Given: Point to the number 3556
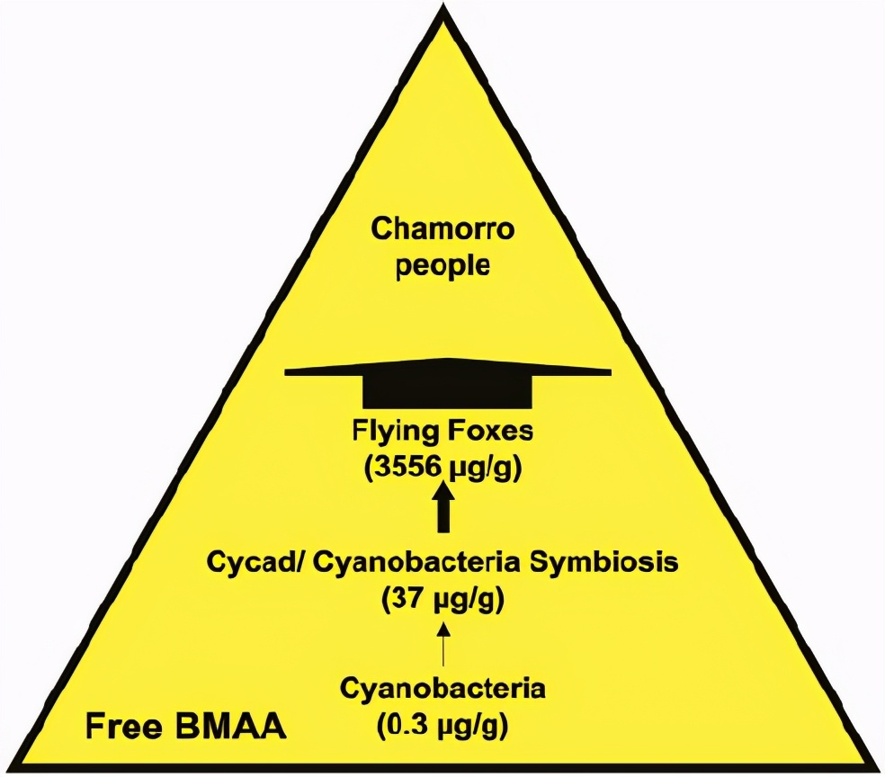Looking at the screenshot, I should (x=399, y=469).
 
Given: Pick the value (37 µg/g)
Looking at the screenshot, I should (x=442, y=598).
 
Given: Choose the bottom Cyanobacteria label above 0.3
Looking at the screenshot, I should (x=442, y=690).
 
